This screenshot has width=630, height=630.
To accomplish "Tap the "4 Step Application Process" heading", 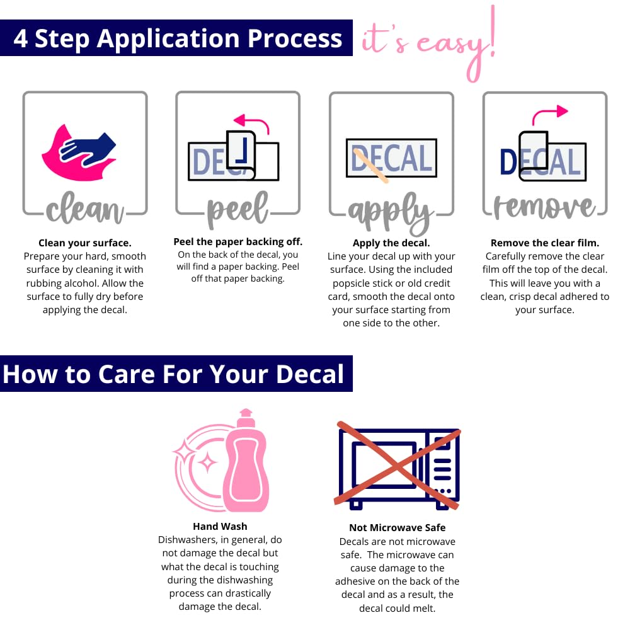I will (x=178, y=38).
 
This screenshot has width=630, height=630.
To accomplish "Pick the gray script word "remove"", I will (x=544, y=207).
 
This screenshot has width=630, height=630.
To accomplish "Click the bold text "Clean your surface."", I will (x=85, y=243).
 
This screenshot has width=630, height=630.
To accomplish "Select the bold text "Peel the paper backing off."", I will (x=238, y=241).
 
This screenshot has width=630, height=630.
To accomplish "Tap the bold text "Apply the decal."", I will (x=391, y=243).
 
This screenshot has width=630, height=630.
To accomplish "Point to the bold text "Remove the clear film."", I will (x=545, y=243).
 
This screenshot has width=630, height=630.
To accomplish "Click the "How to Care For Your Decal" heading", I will (x=174, y=374).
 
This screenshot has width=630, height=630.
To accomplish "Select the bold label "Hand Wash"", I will (x=220, y=526).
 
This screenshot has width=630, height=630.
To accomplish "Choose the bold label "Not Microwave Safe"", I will (x=398, y=528).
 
